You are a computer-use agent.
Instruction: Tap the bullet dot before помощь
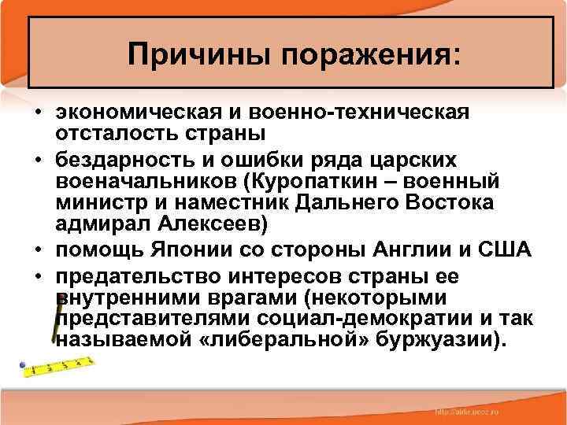38,251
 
